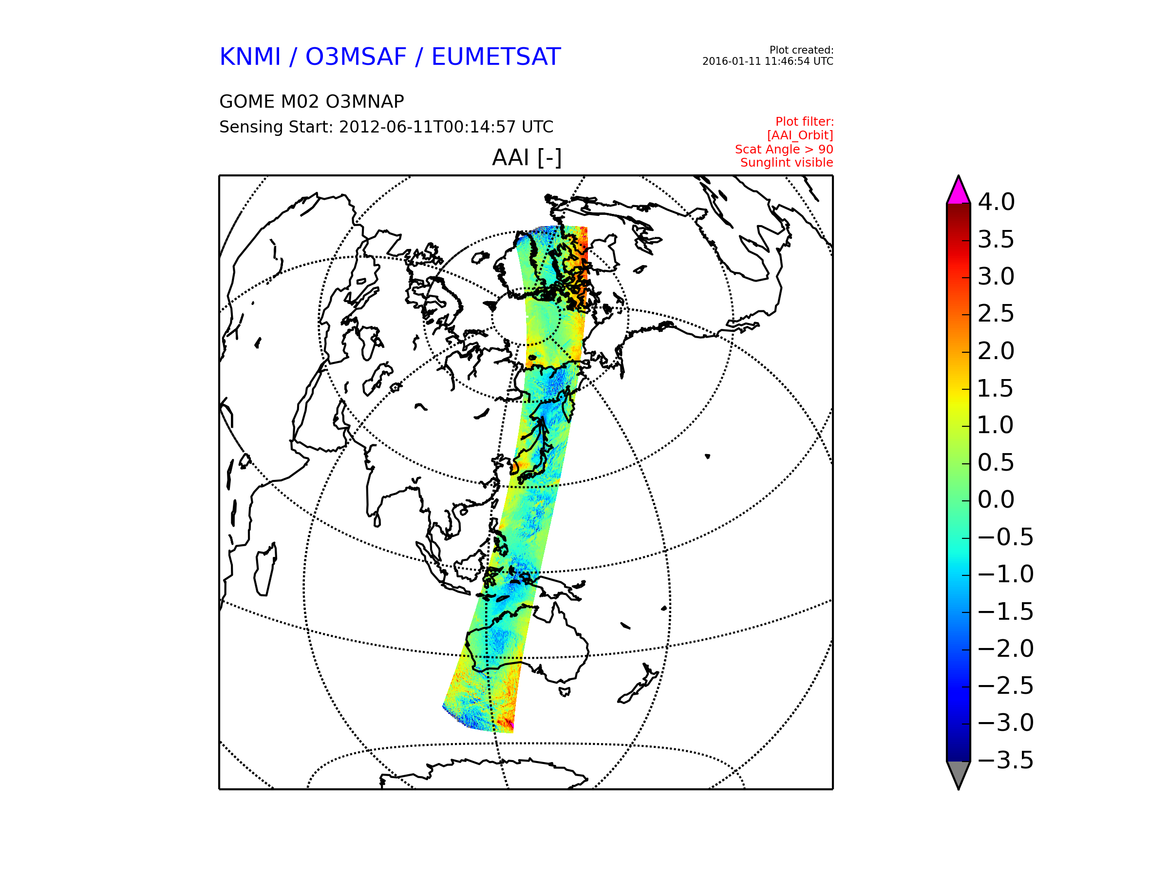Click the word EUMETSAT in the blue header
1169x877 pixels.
[496, 57]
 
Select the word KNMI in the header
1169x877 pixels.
[250, 57]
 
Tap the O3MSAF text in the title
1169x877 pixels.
[356, 57]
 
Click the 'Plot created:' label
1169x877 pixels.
[801, 50]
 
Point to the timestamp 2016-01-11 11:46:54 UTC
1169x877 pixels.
[767, 61]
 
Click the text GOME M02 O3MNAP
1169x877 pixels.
[312, 101]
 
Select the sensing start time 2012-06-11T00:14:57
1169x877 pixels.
[428, 127]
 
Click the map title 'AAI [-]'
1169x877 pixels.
[527, 157]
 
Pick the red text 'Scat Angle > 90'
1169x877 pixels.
[784, 149]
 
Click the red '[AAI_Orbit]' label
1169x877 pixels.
[800, 135]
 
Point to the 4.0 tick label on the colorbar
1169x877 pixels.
[996, 202]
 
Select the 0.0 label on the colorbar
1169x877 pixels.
[996, 499]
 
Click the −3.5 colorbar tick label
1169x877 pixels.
[1006, 760]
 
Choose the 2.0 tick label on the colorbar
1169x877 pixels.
[996, 351]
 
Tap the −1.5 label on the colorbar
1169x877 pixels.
[1006, 611]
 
